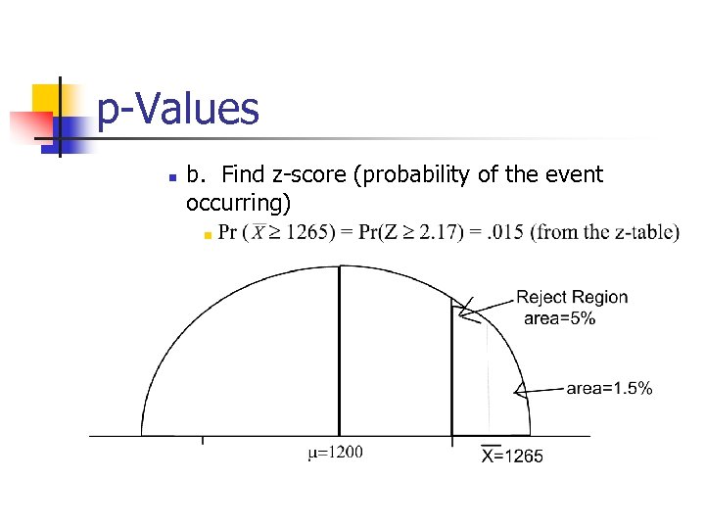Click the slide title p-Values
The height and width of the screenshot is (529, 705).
(x=179, y=109)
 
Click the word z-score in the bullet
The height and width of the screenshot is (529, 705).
(x=302, y=175)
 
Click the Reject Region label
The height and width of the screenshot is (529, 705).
(x=572, y=297)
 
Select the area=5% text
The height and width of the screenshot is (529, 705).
(x=559, y=318)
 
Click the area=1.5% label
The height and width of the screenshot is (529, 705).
(x=609, y=389)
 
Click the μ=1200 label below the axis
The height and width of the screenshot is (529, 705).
(x=336, y=453)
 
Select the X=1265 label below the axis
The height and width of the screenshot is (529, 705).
(x=512, y=455)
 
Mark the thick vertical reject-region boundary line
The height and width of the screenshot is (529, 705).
(x=451, y=372)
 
